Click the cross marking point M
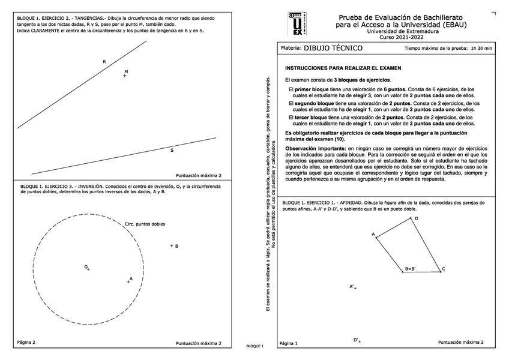124,76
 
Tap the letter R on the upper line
104,62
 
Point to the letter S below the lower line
172,150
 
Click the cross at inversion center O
88,269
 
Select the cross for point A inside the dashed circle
128,281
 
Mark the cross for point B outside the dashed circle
172,246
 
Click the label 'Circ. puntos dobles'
145,224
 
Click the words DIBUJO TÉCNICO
333,48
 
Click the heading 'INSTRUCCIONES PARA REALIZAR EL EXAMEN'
343,68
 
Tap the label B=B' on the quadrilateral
410,269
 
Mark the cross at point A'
355,289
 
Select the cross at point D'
360,341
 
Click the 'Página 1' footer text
289,344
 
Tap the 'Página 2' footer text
26,342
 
